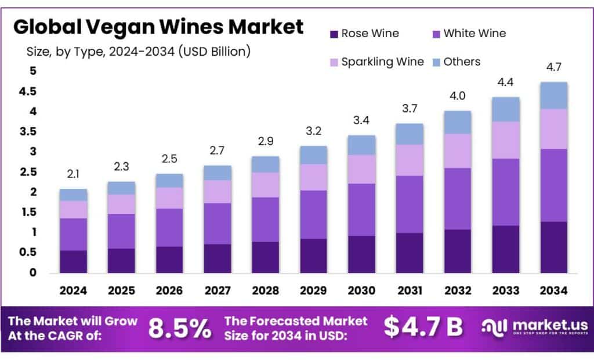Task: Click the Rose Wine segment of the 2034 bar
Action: (553, 247)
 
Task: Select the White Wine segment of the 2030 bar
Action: (361, 209)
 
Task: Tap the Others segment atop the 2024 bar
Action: (73, 195)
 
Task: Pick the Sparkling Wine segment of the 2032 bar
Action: (457, 151)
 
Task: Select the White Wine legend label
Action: (475, 34)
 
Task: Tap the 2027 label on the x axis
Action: (217, 290)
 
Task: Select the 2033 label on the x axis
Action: (505, 290)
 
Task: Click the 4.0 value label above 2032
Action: (457, 96)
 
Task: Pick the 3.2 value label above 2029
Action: (313, 132)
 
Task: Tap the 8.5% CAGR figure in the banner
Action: (180, 328)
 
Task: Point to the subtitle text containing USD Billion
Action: (139, 51)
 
